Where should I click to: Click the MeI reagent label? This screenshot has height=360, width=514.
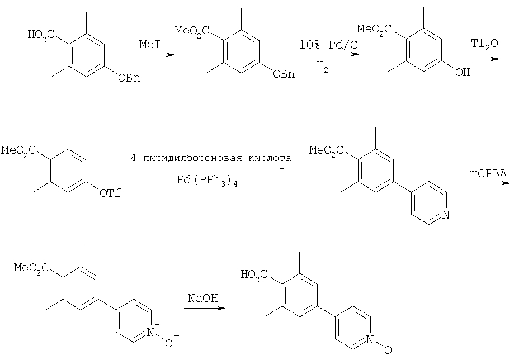tap(150, 44)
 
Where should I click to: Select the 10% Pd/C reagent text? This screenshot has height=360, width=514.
tap(328, 45)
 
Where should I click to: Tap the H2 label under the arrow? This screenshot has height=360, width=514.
tap(322, 67)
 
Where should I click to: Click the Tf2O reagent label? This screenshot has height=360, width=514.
tap(484, 44)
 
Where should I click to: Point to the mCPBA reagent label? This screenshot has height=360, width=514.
tap(488, 173)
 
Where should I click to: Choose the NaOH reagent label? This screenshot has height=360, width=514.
tap(202, 298)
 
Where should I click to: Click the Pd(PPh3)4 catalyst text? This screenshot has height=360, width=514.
tap(207, 181)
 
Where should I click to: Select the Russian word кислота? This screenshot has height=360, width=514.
tap(270, 158)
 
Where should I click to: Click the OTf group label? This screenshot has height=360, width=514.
tap(110, 193)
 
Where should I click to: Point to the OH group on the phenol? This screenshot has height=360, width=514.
tap(463, 73)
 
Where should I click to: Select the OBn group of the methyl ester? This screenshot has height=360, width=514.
tap(284, 74)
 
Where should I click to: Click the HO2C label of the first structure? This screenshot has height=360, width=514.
tap(41, 35)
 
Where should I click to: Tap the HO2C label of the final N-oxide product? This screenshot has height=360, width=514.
tap(254, 275)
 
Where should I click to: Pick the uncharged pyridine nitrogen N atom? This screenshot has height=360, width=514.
tap(446, 215)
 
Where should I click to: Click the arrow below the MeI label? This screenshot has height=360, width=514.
tap(154, 55)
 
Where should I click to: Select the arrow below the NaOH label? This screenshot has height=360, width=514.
tap(205, 308)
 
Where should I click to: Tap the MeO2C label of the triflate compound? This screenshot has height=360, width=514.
tap(18, 151)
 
